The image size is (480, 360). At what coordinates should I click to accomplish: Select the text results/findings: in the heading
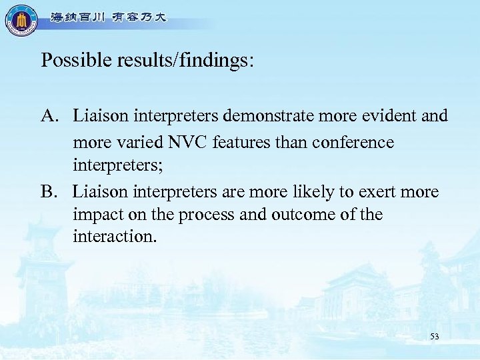(183, 61)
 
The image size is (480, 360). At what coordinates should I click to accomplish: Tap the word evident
(385, 117)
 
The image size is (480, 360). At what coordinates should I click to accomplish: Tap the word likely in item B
(306, 193)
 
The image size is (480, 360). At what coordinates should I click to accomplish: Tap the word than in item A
(276, 143)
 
